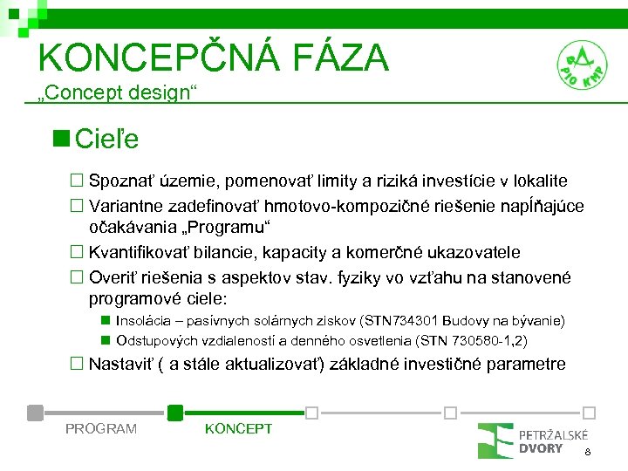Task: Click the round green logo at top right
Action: click(582, 65)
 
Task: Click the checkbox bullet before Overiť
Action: click(76, 277)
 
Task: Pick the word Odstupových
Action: click(158, 340)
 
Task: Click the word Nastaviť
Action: click(122, 364)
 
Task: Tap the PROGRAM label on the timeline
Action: click(101, 428)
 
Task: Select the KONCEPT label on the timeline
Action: click(238, 428)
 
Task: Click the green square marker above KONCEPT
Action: click(175, 412)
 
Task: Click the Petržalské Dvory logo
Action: click(532, 440)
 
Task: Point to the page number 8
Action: click(588, 452)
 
